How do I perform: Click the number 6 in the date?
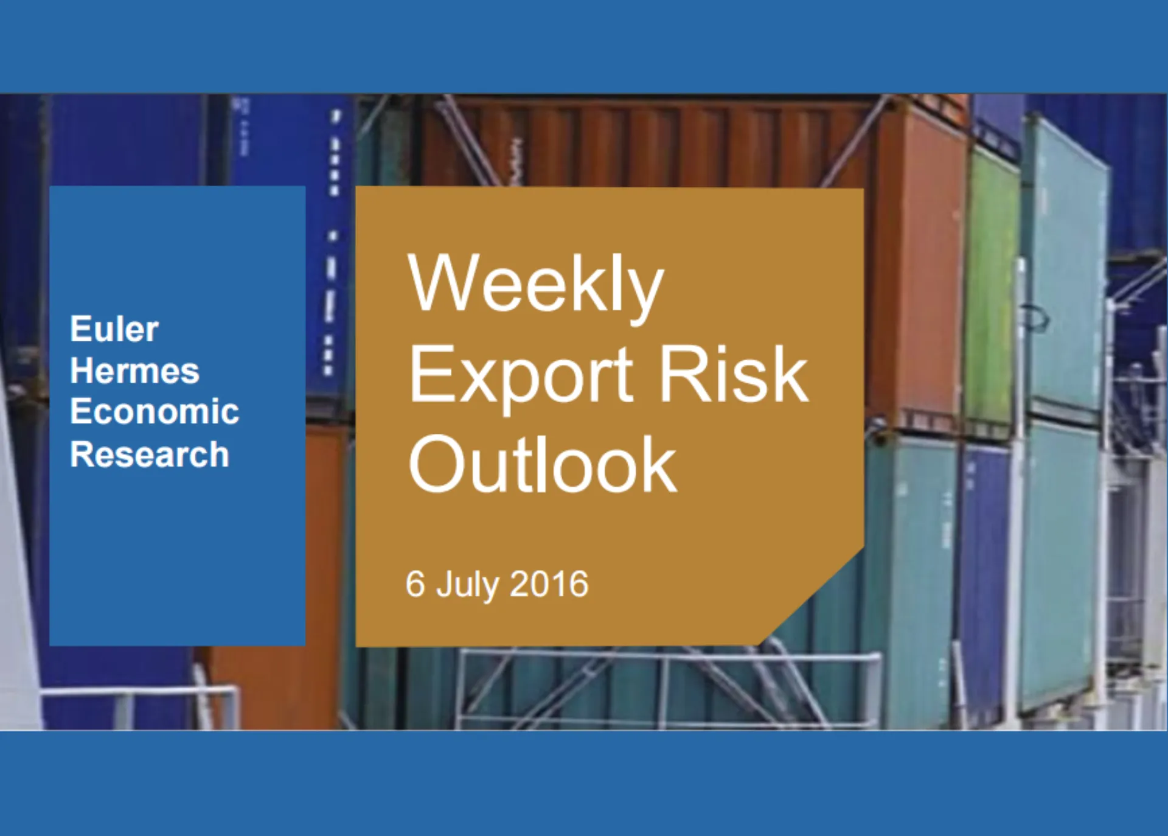[x=415, y=583]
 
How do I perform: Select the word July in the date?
[x=467, y=586]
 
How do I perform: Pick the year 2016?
[x=549, y=584]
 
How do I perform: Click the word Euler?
[x=114, y=329]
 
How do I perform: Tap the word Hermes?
[x=135, y=371]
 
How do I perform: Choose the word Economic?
[x=155, y=411]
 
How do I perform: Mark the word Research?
[x=150, y=454]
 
